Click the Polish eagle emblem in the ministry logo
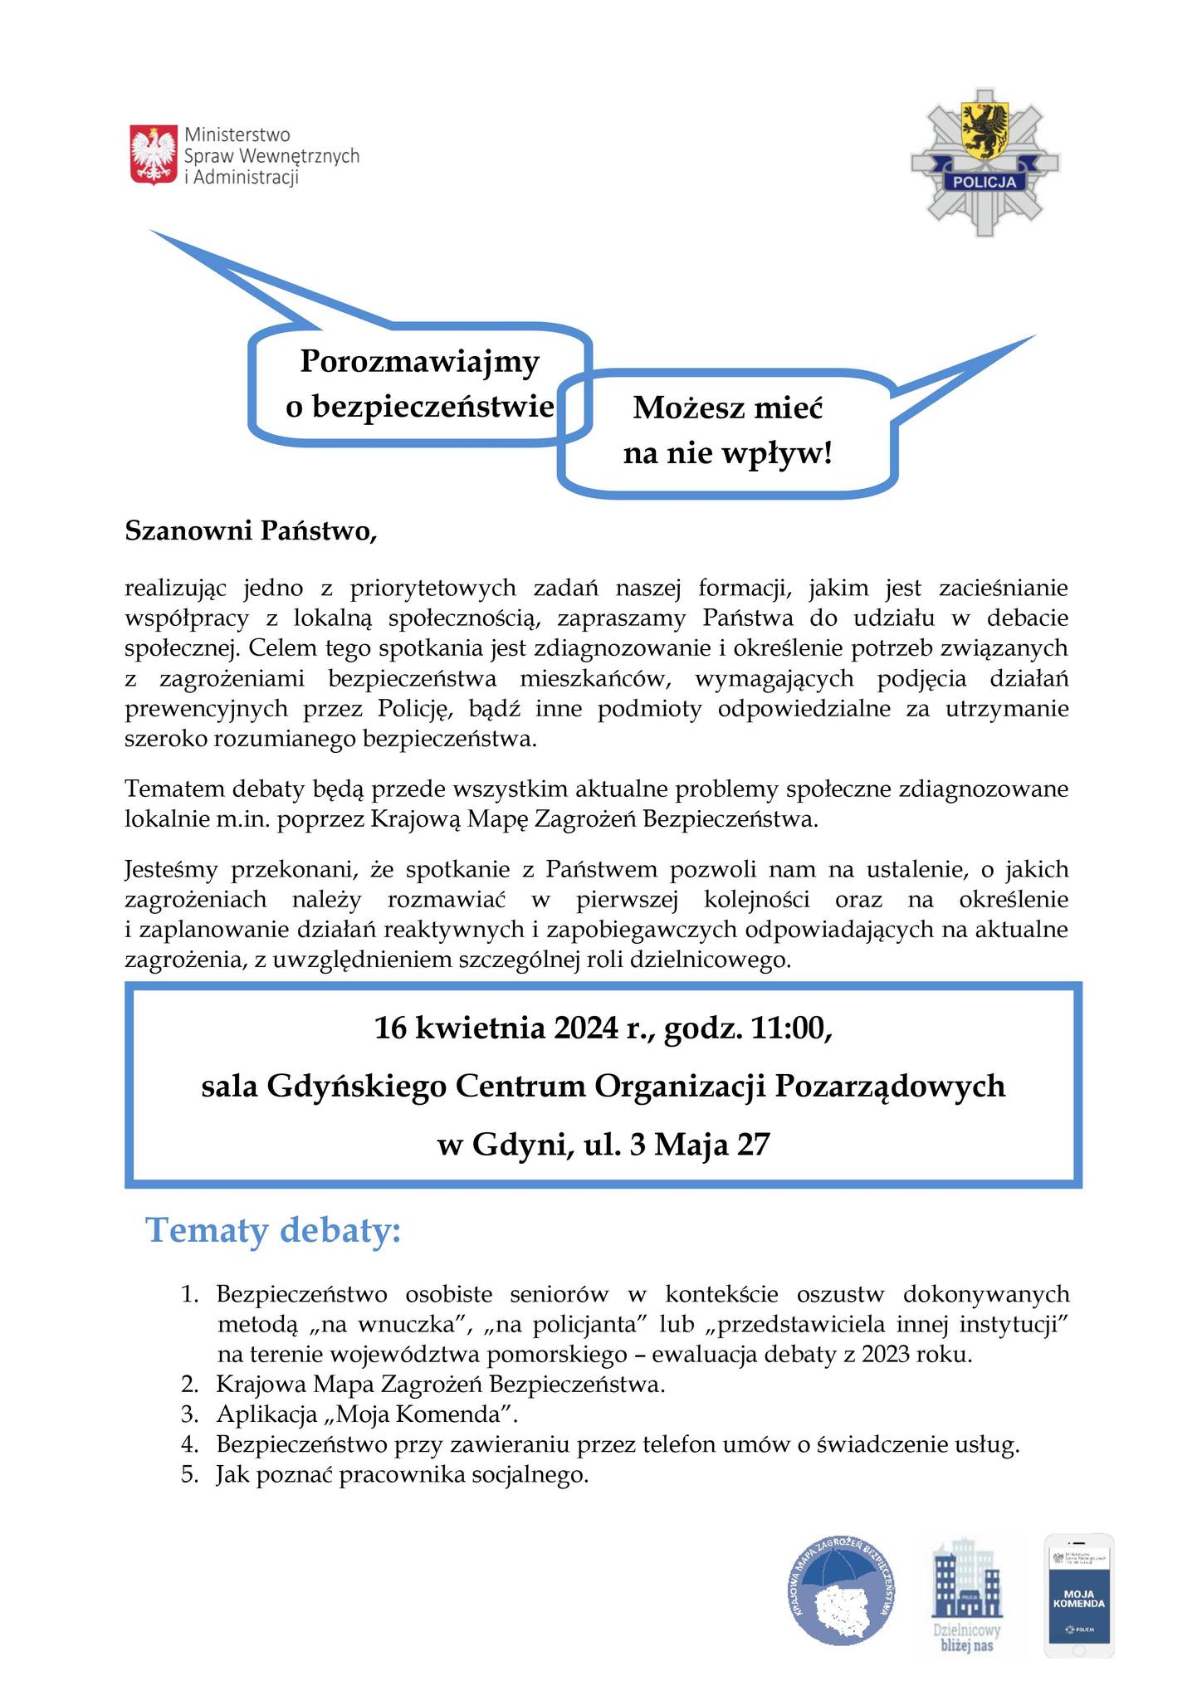[x=154, y=154]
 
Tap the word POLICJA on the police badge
[x=985, y=182]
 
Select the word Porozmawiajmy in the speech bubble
[x=419, y=362]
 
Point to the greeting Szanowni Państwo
[x=251, y=531]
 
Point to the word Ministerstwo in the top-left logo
[x=237, y=134]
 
